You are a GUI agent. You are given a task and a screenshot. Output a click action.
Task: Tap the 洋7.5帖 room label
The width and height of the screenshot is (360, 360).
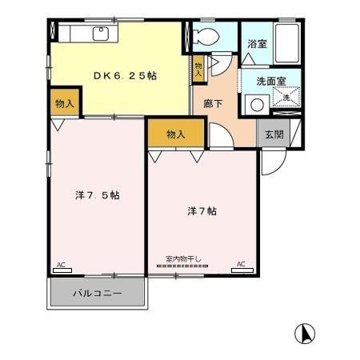[x=98, y=195]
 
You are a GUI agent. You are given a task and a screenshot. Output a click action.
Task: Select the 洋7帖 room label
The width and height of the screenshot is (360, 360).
[x=202, y=212]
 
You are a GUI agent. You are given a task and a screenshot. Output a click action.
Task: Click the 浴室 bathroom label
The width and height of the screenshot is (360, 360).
[x=256, y=45]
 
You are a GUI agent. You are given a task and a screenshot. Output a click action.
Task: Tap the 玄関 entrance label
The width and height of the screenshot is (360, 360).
[x=274, y=134]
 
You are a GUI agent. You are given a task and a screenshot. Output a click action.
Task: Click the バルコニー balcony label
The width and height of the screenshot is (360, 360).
[x=98, y=294]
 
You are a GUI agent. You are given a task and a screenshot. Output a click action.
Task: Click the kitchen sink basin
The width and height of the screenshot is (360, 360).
[x=101, y=34]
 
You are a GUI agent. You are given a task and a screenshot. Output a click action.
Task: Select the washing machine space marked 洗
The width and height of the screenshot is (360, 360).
[x=285, y=98]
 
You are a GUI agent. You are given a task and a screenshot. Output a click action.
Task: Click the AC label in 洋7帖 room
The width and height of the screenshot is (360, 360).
[x=241, y=264]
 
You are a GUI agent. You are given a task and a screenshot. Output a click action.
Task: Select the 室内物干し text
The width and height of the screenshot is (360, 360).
[x=183, y=258]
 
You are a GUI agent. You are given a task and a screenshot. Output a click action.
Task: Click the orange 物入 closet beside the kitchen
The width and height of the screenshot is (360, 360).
[x=65, y=103]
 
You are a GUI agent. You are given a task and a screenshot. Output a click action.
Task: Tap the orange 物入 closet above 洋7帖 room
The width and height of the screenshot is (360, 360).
[x=176, y=134]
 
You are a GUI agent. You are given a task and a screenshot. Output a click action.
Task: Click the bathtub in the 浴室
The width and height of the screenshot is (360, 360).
[x=286, y=43]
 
